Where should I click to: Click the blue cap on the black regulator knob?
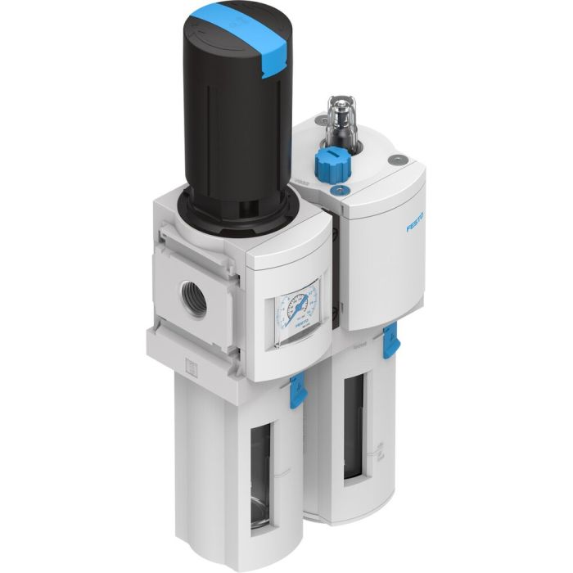click(241, 28)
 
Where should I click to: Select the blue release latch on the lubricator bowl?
click(391, 338)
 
